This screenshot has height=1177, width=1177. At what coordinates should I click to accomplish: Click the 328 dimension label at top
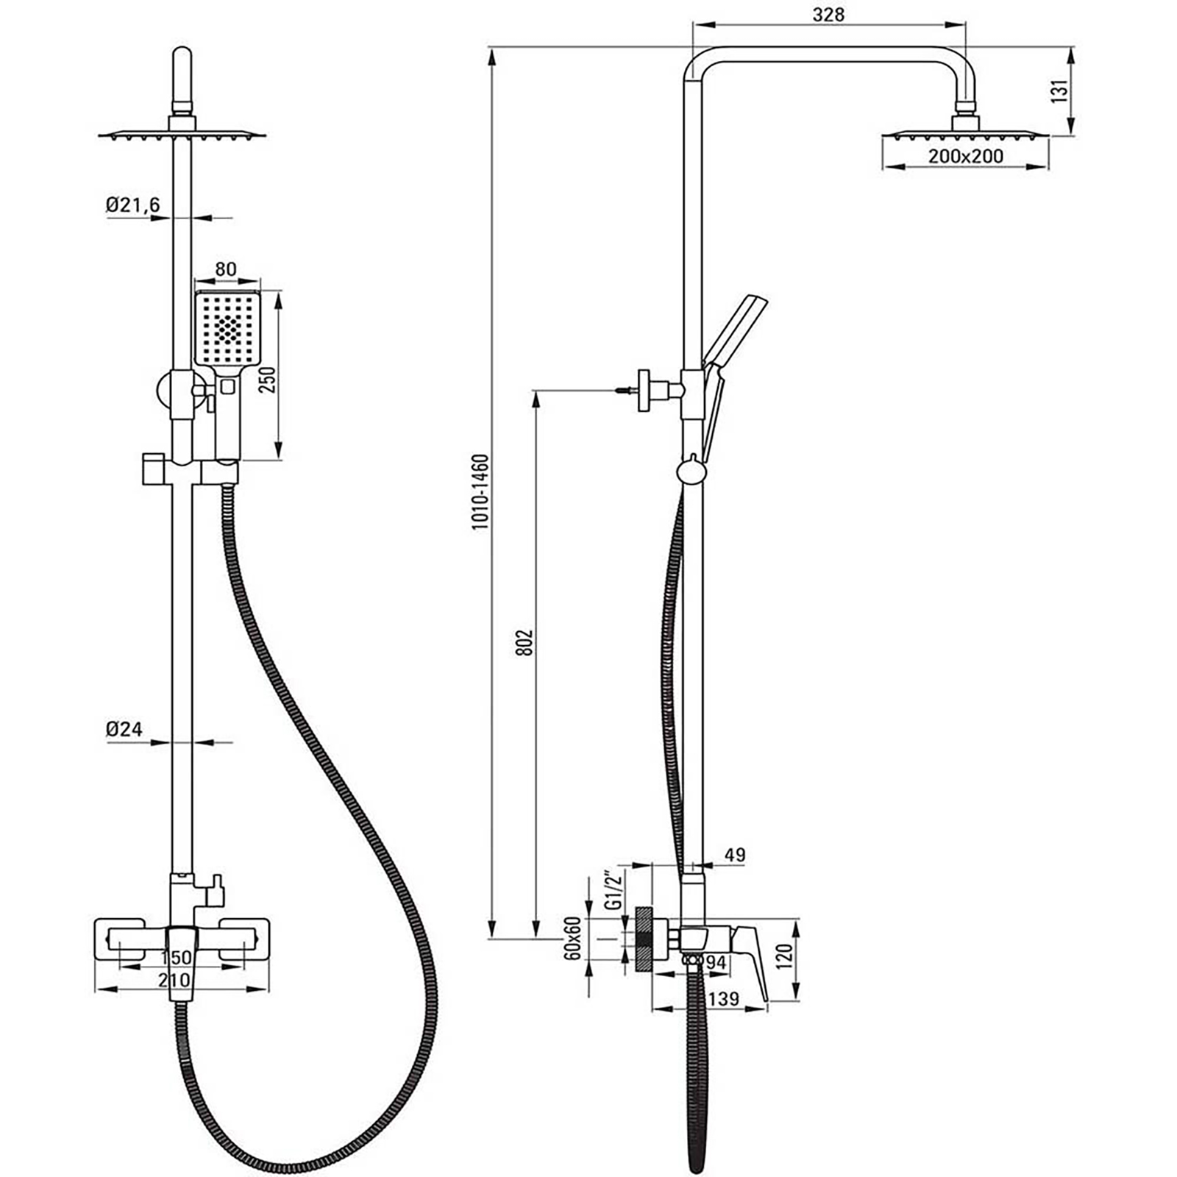(829, 14)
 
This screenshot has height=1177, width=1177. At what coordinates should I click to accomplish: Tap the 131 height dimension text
(1059, 91)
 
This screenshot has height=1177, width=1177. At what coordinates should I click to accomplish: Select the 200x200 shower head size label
(965, 156)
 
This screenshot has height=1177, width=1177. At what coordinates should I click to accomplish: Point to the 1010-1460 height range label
(480, 492)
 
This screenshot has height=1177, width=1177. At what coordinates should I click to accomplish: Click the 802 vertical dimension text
(524, 643)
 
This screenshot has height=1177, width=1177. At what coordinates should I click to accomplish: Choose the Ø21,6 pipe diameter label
(132, 205)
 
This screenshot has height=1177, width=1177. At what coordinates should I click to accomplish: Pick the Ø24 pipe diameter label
(124, 729)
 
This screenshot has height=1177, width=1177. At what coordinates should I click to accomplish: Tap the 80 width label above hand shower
(226, 269)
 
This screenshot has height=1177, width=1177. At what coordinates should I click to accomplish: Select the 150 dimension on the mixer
(176, 957)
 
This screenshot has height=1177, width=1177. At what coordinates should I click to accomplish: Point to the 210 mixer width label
(174, 980)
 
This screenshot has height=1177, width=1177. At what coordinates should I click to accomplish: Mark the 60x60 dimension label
(575, 937)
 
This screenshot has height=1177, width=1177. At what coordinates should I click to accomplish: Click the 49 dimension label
(734, 855)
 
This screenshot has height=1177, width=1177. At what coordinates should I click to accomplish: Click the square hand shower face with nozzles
(228, 327)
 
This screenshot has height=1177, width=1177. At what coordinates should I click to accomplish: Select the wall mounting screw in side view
(625, 391)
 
